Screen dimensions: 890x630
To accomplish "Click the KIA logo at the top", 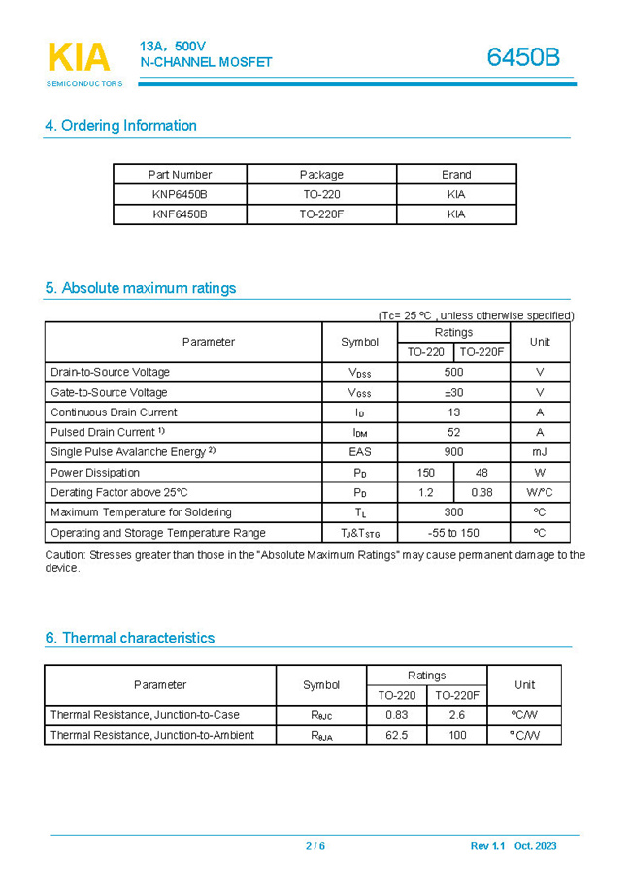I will tap(79, 58).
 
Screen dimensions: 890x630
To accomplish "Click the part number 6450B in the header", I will tap(523, 57).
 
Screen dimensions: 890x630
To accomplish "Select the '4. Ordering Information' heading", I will tap(120, 125).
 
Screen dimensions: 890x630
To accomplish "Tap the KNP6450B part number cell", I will tap(180, 194).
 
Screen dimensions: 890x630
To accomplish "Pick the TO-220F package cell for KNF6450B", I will tap(321, 214).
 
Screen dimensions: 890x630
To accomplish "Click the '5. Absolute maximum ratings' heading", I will tap(140, 288).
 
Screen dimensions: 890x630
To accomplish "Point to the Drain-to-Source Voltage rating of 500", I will tap(453, 372).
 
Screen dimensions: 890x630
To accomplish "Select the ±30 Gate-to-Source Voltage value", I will tap(453, 392).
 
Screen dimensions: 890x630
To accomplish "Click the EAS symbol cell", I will tap(359, 452).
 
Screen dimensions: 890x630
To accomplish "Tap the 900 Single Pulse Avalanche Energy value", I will tap(453, 452).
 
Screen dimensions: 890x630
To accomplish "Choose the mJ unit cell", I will tap(540, 452).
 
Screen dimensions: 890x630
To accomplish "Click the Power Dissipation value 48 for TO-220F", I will tap(481, 473).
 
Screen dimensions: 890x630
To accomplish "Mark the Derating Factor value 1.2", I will tap(425, 492).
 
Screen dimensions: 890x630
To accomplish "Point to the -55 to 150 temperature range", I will tap(453, 533).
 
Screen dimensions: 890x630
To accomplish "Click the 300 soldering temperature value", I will tap(453, 512).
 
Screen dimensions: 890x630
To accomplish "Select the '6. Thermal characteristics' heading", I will tap(129, 638).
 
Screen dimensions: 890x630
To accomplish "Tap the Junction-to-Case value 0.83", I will tap(396, 715).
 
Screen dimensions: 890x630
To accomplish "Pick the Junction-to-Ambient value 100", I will tap(456, 735).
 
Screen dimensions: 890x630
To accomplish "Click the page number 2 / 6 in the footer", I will tap(315, 846).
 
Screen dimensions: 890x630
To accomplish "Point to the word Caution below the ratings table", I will tap(64, 555).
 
